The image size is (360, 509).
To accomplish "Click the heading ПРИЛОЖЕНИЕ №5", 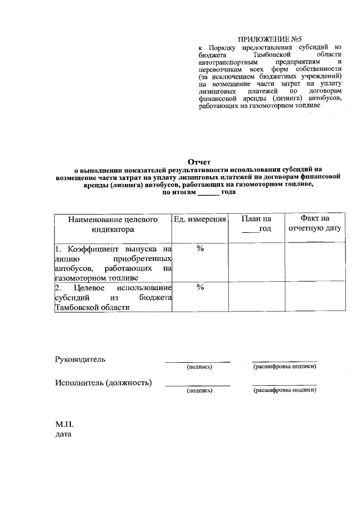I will tap(264, 40).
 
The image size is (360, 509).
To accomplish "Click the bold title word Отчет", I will tap(199, 161).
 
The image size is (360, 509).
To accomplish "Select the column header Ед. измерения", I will tap(200, 219).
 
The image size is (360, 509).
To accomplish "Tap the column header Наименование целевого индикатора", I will tap(113, 224).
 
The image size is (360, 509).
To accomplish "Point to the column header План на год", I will tap(256, 224).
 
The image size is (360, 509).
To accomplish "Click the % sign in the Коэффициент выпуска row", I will tap(200, 249).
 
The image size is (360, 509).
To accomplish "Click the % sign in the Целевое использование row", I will tap(200, 287).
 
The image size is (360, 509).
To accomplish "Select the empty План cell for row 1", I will tap(256, 262).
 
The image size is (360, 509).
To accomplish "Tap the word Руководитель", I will tap(80, 359).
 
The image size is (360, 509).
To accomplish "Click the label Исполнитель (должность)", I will tap(103, 383).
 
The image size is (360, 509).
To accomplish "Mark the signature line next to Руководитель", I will tap(197, 361).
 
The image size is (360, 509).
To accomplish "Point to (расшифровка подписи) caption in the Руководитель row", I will tap(285, 367).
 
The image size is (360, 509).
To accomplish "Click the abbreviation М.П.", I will tap(65, 424).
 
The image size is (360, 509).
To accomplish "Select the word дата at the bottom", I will tap(64, 434).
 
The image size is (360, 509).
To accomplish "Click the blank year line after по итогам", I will tap(209, 192).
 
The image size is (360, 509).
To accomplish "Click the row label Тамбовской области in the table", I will tap(92, 307).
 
